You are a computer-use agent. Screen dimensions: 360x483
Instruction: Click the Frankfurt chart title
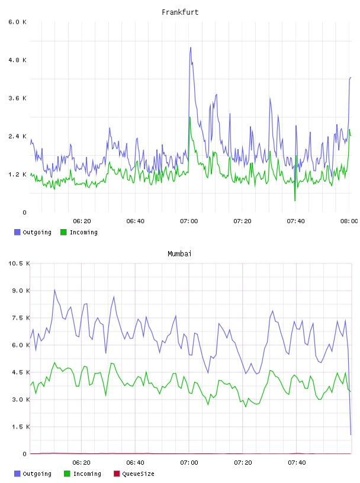pos(180,12)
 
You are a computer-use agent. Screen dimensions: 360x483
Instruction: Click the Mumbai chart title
pos(179,254)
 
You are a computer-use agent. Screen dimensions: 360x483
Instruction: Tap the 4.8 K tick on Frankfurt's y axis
pos(18,60)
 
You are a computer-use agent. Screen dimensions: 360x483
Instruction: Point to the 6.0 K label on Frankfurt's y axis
pos(18,22)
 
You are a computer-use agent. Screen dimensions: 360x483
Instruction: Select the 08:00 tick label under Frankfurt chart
pos(349,221)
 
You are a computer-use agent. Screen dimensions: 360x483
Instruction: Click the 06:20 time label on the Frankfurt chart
pos(82,221)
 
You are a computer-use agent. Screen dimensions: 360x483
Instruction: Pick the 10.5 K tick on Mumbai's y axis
pos(19,263)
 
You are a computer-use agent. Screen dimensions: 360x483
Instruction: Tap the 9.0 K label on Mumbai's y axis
pos(21,291)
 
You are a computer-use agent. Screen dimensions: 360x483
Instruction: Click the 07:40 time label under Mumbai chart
pos(297,463)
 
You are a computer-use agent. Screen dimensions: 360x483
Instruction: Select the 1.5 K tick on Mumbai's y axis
pos(21,427)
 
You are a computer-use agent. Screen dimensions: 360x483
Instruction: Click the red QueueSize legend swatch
pos(117,474)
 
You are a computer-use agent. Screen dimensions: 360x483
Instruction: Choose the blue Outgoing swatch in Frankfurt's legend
pos(17,232)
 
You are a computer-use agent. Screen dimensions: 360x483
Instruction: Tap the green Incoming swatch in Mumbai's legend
pos(67,474)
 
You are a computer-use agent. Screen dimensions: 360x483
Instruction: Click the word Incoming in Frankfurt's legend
pos(83,232)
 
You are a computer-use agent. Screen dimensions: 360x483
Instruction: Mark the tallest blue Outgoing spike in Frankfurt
pos(191,47)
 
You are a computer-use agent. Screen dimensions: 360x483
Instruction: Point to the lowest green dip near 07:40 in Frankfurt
pos(295,201)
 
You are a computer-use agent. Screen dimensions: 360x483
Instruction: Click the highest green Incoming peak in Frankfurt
pos(190,117)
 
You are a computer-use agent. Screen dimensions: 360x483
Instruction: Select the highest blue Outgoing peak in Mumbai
pos(54,289)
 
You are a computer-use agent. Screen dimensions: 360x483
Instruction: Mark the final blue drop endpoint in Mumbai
pos(351,434)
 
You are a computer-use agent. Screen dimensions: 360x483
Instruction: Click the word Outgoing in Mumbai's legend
pos(37,474)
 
